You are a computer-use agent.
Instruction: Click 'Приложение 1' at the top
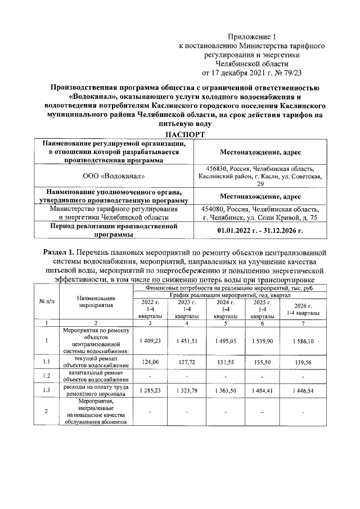tap(256, 36)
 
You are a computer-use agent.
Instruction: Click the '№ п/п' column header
tap(47, 302)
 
